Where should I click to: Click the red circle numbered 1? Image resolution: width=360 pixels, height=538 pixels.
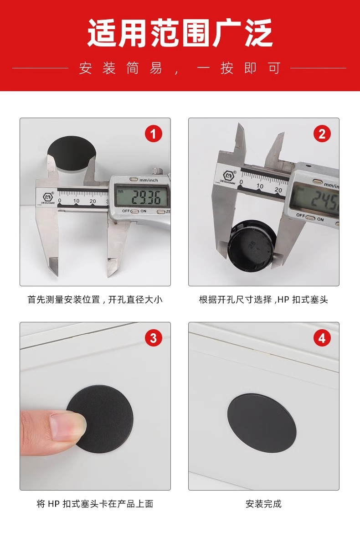(x=153, y=134)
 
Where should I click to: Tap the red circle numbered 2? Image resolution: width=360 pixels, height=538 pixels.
(x=322, y=134)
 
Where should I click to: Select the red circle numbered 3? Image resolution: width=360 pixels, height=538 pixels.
(x=153, y=338)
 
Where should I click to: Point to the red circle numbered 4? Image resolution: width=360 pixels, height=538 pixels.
(x=322, y=338)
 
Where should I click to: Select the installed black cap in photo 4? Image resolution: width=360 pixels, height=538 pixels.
(x=262, y=423)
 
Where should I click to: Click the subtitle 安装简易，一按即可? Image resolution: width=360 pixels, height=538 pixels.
(x=180, y=68)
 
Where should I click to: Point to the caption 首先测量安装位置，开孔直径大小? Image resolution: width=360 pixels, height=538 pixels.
(x=95, y=300)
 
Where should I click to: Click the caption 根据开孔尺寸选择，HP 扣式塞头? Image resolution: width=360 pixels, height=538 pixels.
(x=263, y=300)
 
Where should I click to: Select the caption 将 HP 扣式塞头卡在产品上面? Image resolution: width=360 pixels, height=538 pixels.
(x=95, y=504)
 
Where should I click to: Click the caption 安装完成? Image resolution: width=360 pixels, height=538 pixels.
(x=263, y=504)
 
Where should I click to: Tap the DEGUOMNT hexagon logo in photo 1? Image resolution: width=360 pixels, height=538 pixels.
(x=48, y=197)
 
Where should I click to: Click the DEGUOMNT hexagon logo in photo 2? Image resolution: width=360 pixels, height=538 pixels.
(x=229, y=176)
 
